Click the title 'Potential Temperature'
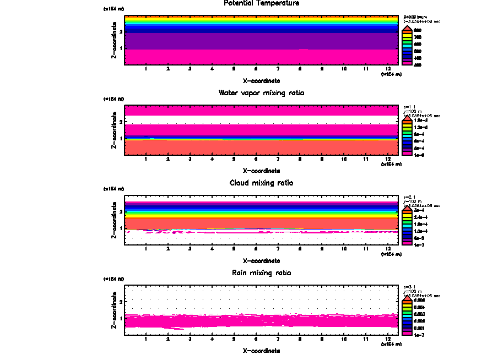261,3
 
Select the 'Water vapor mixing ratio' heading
261,93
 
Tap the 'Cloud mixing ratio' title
261,183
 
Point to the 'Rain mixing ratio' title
261,273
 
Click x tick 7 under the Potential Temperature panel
278,69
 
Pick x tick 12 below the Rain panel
388,339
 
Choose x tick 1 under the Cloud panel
146,249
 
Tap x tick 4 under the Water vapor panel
212,159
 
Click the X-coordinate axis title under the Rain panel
261,351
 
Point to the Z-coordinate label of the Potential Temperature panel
114,42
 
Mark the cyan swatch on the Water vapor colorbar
407,134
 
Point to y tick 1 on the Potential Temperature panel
121,48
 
